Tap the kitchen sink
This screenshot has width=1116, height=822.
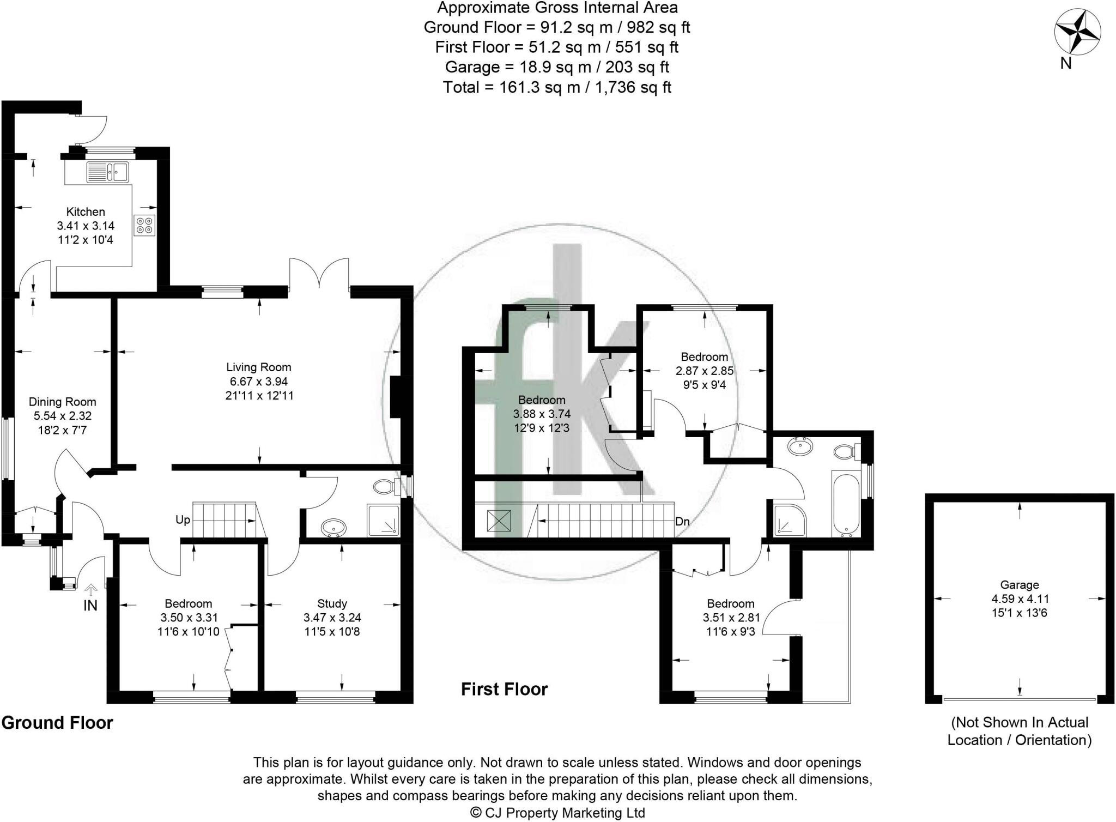click(107, 172)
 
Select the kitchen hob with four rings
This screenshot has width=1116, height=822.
click(145, 226)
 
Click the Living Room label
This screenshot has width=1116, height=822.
click(259, 367)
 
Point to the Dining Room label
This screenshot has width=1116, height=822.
click(62, 402)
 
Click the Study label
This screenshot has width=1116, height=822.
click(332, 603)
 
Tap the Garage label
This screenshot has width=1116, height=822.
click(1019, 585)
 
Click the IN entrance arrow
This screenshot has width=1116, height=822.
click(90, 590)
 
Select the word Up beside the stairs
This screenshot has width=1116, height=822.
click(183, 520)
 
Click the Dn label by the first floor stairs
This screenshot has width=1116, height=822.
click(682, 522)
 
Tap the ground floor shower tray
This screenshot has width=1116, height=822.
click(384, 521)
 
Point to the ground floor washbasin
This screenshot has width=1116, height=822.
click(333, 528)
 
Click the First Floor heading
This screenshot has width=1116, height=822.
click(504, 690)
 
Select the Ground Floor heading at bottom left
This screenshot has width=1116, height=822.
click(57, 723)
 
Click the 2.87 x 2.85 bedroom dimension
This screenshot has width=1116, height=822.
click(705, 371)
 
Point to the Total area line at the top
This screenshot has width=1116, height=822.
click(557, 87)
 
